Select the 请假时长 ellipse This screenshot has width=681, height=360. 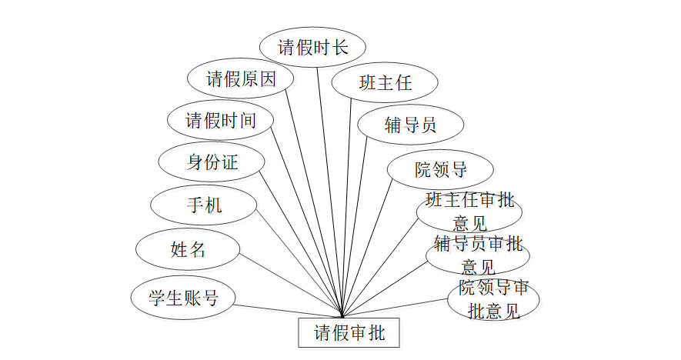(312, 48)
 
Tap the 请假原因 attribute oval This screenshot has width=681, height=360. (240, 79)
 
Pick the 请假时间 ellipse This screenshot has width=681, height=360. (220, 121)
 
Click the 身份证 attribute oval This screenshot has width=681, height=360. (212, 162)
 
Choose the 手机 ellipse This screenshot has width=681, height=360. (204, 205)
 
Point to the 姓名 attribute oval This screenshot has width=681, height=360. (188, 249)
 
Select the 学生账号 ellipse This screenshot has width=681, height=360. (182, 298)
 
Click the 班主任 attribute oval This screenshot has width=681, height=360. (385, 82)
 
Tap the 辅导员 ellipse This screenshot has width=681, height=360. (410, 125)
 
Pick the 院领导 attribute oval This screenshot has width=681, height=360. (440, 169)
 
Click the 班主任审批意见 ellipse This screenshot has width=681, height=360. (469, 212)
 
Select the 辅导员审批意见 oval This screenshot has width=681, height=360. (478, 255)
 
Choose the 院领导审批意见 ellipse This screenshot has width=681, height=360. (493, 299)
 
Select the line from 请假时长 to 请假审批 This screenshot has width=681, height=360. (329, 192)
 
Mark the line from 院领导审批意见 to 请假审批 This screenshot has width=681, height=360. (396, 308)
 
